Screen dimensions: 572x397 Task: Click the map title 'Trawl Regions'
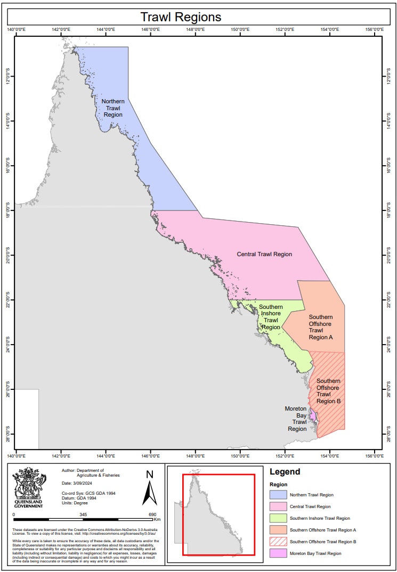[x=181, y=17]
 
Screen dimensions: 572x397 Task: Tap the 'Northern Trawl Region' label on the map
[x=113, y=108]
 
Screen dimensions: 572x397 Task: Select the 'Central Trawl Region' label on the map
[x=264, y=254]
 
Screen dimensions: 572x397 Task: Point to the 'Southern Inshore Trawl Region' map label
[x=271, y=317]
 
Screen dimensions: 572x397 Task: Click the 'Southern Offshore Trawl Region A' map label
[x=320, y=327]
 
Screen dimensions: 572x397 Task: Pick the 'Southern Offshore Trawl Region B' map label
[x=328, y=391]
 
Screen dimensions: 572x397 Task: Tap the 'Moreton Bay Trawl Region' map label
[x=296, y=418]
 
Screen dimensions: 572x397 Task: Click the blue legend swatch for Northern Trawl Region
[x=278, y=495]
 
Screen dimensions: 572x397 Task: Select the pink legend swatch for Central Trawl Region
[x=278, y=506]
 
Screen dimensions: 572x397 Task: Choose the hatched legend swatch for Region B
[x=278, y=542]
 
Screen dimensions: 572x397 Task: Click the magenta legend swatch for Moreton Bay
[x=278, y=553]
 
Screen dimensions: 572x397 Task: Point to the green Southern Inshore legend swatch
[x=278, y=518]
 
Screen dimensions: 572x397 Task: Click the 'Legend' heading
[x=285, y=471]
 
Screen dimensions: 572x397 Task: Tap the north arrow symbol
[x=150, y=488]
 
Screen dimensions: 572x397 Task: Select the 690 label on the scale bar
[x=152, y=514]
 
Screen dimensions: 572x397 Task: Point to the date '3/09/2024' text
[x=80, y=484]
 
